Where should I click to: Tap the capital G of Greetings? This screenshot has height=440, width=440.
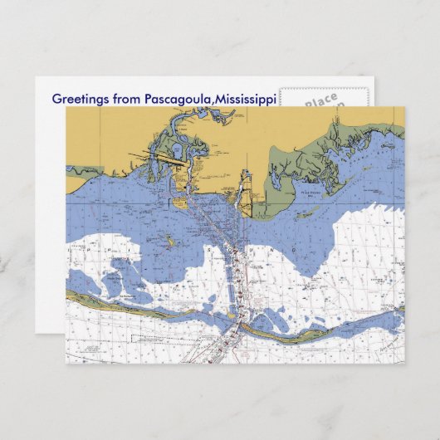[x=56, y=99]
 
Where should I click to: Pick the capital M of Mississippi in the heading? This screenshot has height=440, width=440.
[x=220, y=99]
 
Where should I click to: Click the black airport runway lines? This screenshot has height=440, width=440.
[x=158, y=153]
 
